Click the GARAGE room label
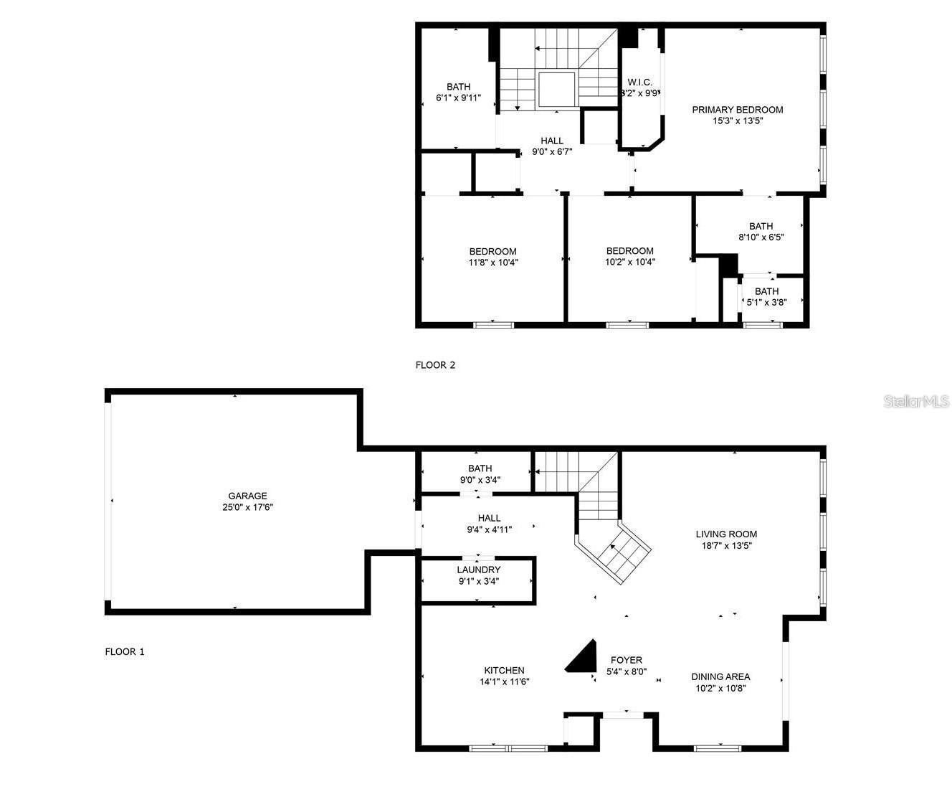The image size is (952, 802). point(247,496)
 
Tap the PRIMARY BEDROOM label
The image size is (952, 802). point(737,110)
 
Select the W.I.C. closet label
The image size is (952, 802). point(639,82)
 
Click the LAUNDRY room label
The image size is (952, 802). point(478,570)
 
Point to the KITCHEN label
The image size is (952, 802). point(503,671)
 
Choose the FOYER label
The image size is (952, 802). point(626,660)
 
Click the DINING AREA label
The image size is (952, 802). point(720,676)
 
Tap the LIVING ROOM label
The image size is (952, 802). point(726,534)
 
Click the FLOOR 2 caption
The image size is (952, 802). point(435,365)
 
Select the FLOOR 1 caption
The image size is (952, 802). point(125,652)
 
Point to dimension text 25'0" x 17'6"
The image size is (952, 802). point(247,507)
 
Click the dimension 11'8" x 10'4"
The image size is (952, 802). point(492,263)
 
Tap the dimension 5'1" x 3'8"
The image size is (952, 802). point(766,303)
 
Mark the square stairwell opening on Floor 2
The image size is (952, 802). point(556,90)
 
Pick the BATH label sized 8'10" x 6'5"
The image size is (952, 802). point(761,226)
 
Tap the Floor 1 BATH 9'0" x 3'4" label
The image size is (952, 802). point(480,468)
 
